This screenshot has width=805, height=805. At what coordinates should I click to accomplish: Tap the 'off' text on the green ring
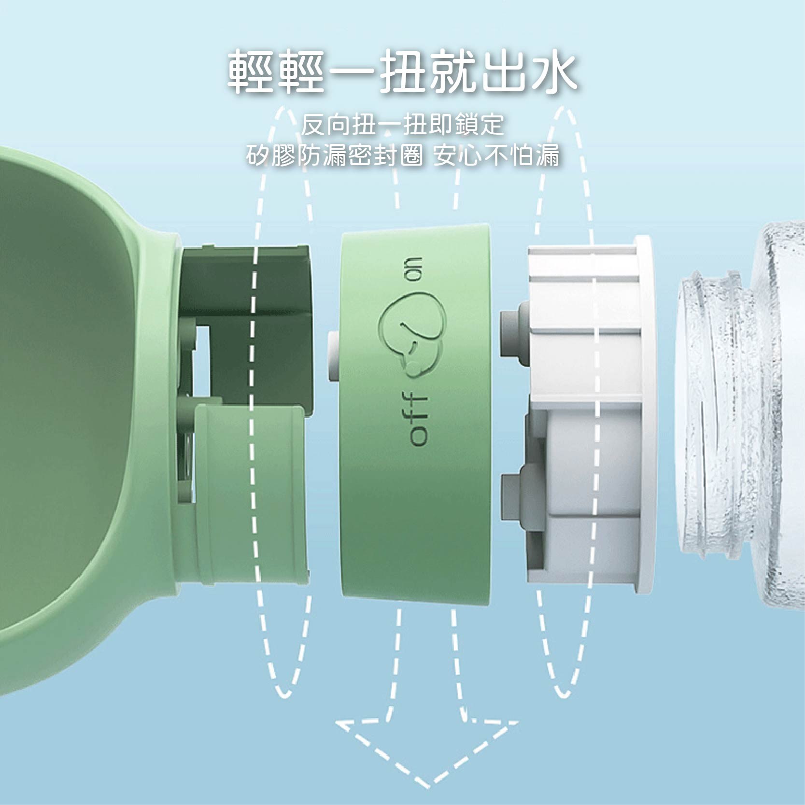click(418, 419)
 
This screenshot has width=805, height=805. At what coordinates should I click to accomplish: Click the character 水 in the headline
click(554, 71)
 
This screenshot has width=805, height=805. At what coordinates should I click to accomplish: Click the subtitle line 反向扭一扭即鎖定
click(402, 125)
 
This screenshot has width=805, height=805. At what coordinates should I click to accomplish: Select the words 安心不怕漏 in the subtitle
click(496, 155)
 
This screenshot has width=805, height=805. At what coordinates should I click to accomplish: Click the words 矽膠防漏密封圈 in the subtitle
click(334, 155)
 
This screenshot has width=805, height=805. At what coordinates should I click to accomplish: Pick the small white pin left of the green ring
click(334, 356)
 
